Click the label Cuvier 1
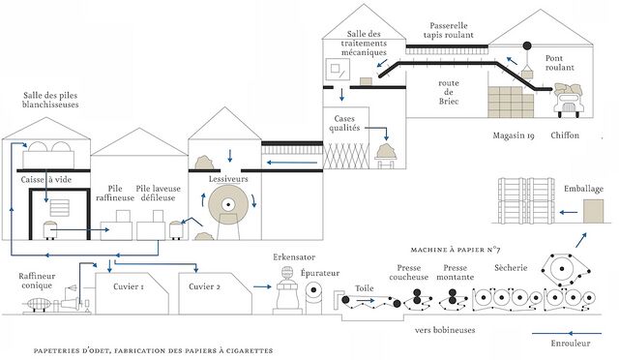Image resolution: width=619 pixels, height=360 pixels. coord(129,286)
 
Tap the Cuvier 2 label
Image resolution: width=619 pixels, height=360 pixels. coord(204,286)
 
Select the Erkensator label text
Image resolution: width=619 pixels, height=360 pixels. coord(294,257)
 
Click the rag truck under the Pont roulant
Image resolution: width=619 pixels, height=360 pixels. coord(569,100)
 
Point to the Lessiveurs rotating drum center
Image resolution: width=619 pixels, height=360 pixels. coord(228,205)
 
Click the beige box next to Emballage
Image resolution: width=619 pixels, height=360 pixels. coord(593,211)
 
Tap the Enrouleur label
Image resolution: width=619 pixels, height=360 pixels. coord(571,343)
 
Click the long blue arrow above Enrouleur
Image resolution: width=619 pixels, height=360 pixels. coord(567,334)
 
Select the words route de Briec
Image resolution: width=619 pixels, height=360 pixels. coord(449,92)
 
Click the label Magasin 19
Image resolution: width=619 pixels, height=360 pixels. coord(514,135)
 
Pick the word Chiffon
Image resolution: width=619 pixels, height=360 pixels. coord(565,135)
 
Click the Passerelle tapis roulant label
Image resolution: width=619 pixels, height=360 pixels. coord(449,30)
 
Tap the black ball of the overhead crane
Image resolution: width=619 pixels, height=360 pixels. coord(527,45)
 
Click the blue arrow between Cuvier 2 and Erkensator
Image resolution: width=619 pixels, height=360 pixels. coord(262,286)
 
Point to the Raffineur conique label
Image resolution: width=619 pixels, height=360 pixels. coord(37,281)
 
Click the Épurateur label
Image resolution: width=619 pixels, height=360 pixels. coord(320,273)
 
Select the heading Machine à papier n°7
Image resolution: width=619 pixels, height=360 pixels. coord(456,250)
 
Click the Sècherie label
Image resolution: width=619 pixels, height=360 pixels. coord(511,268)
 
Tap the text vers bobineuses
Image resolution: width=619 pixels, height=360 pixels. coord(445,330)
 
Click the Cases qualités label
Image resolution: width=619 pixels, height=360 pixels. coord(344,123)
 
